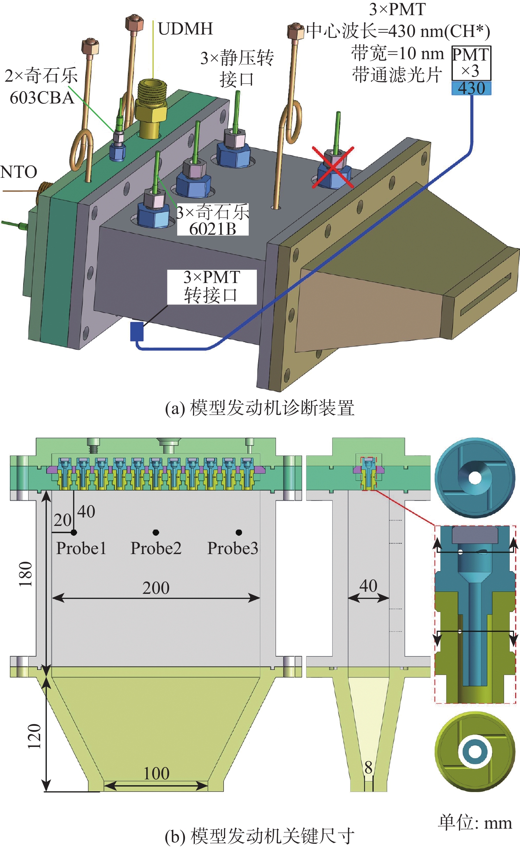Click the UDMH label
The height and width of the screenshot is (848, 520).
185,29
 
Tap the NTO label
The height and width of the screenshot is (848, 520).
19,172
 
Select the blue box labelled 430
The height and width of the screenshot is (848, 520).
471,88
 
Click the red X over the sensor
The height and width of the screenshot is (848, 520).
333,168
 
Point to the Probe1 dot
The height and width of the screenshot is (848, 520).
74,533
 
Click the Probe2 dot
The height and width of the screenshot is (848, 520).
156,532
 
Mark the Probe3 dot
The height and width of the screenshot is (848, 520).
239,532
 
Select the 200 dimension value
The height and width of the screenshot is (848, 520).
156,588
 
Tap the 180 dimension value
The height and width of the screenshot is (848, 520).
26,574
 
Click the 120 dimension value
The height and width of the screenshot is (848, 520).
35,736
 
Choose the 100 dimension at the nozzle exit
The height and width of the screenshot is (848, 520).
156,773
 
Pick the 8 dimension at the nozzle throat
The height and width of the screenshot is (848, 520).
369,768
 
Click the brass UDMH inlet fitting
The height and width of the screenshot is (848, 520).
151,106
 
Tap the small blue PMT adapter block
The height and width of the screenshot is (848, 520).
137,331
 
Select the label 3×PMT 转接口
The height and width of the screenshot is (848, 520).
212,287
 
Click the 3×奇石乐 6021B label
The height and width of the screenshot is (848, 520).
212,220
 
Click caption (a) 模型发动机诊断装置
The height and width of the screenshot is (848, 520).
260,408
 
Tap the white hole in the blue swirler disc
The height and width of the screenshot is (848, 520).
475,478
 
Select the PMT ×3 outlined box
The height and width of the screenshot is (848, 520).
471,63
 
